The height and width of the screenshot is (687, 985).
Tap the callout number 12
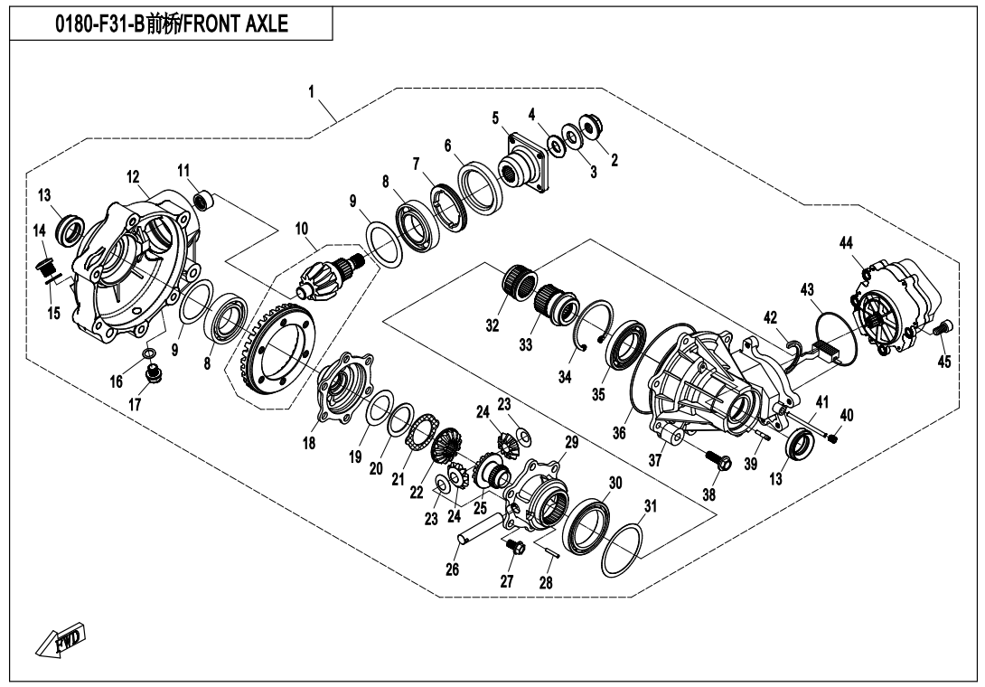133,176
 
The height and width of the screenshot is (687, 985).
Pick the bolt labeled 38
720,462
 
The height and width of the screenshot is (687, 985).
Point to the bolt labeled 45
939,330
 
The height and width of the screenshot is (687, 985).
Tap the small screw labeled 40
833,438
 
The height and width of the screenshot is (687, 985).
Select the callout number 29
570,442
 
